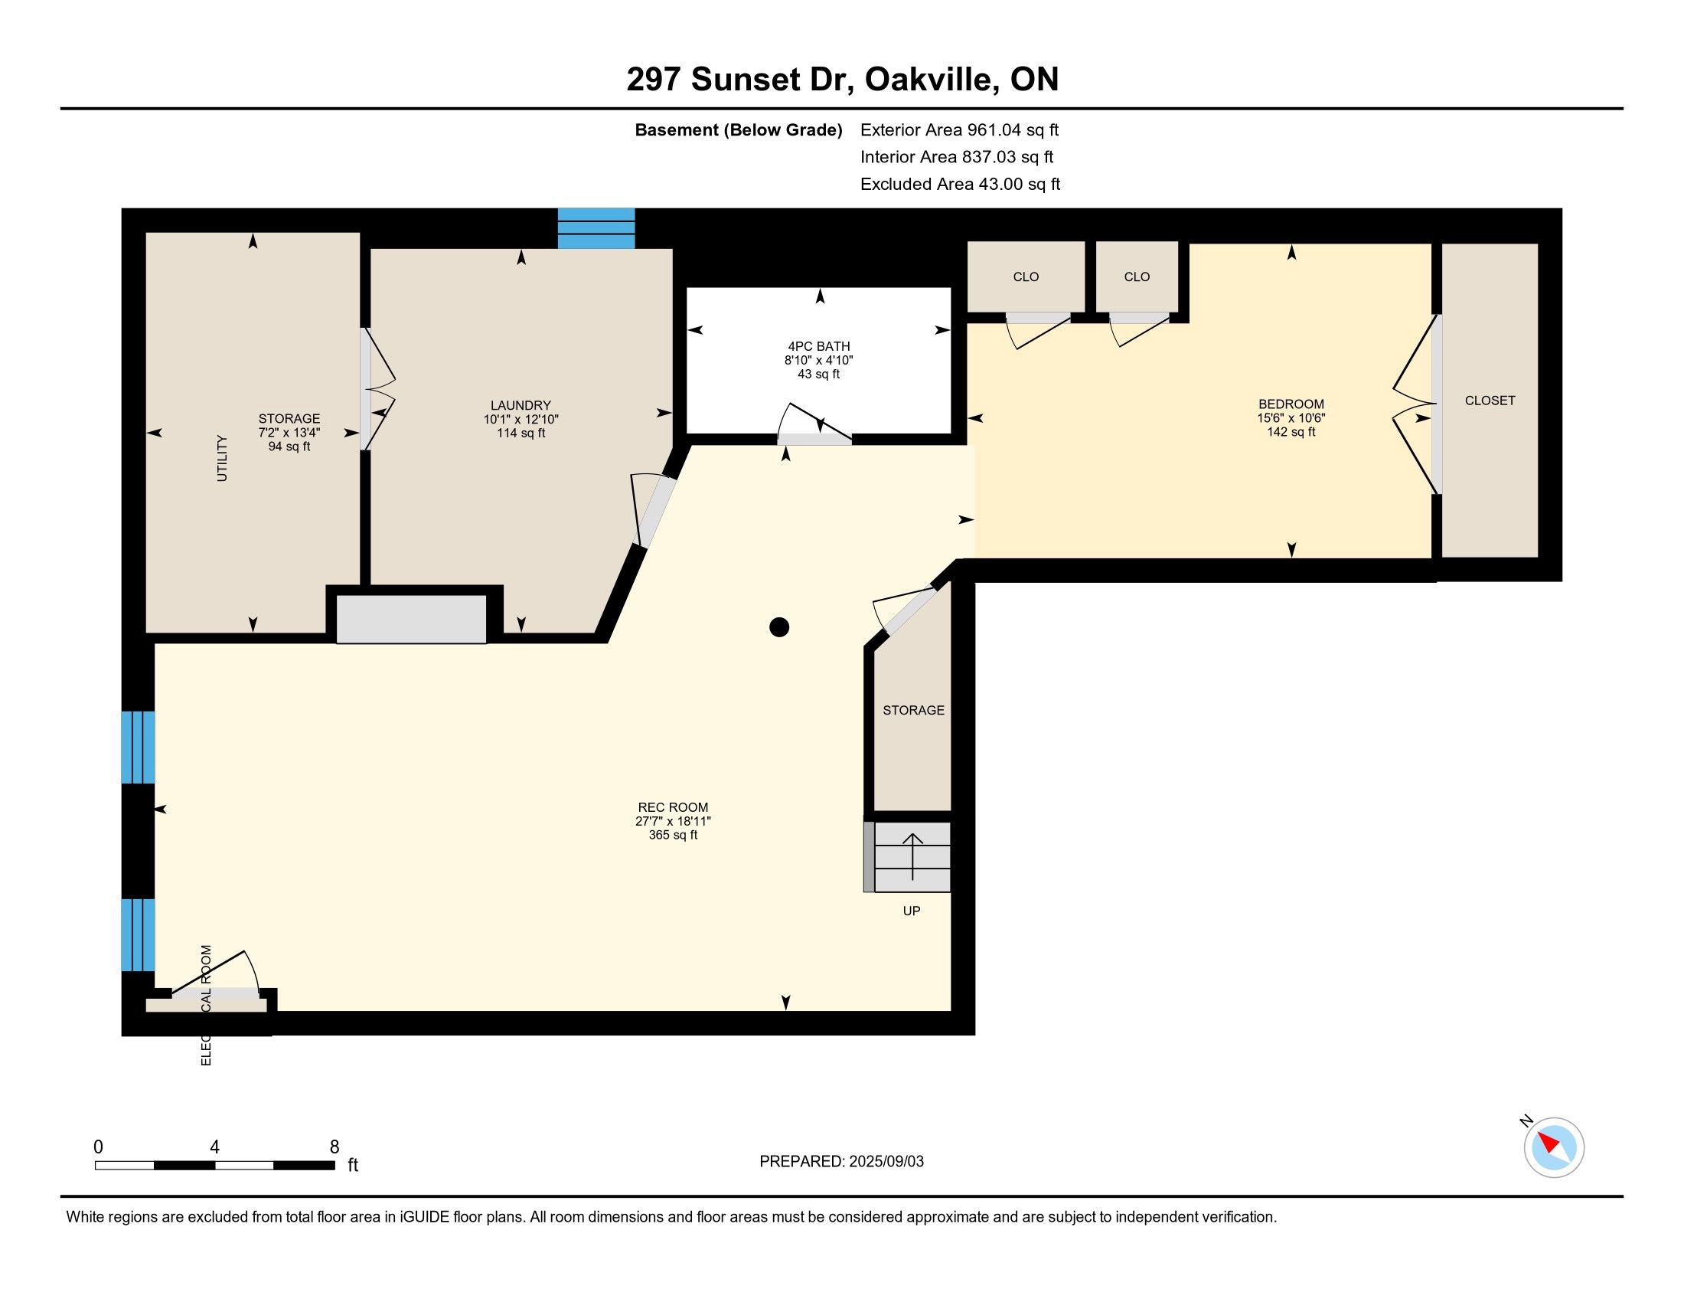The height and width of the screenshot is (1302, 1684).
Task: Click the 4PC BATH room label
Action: click(x=819, y=346)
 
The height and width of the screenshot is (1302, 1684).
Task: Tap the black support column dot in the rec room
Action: click(x=779, y=627)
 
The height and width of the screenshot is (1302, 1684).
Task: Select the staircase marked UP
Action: click(x=908, y=857)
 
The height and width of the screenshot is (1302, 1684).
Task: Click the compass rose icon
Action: click(x=1554, y=1147)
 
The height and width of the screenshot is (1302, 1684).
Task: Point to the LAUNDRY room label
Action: click(x=521, y=405)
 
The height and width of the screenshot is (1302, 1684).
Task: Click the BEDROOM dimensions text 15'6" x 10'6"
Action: click(x=1291, y=418)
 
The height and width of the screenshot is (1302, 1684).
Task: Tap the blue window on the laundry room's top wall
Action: click(x=596, y=228)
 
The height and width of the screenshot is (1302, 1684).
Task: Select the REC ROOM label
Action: click(x=673, y=807)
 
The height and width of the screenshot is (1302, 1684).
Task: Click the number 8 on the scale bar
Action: click(x=335, y=1147)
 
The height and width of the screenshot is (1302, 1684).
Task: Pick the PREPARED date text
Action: click(x=841, y=1161)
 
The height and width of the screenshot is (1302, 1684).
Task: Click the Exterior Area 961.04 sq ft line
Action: click(x=959, y=129)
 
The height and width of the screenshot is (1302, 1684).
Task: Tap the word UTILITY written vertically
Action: click(x=222, y=458)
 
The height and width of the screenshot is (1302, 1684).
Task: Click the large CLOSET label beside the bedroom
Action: click(x=1490, y=401)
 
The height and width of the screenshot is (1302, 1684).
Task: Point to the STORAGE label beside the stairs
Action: click(x=914, y=710)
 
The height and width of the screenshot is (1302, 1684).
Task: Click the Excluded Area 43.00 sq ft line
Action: click(x=960, y=184)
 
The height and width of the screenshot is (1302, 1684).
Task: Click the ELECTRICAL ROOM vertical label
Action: click(x=206, y=1005)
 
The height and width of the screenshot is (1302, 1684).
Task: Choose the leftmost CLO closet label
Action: click(x=1026, y=277)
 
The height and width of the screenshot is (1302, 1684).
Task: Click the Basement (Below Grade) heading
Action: click(x=738, y=129)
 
